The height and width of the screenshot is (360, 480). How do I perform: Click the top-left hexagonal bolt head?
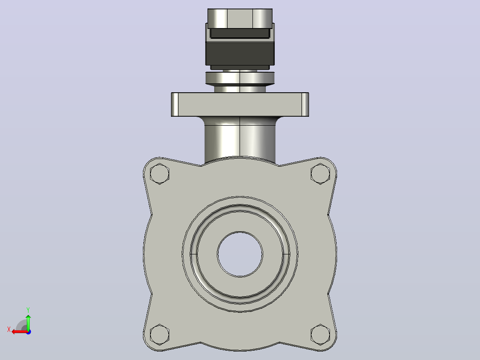[159, 174]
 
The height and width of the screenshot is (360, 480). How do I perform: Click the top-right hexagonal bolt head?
[320, 174]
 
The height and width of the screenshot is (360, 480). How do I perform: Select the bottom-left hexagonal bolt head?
[159, 334]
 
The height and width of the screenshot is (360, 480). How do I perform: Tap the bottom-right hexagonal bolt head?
[320, 334]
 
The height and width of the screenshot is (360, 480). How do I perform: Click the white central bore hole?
[240, 254]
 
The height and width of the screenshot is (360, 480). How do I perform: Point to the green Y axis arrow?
[28, 322]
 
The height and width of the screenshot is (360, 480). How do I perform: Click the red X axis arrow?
[20, 332]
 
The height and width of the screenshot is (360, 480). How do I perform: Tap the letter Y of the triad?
[28, 310]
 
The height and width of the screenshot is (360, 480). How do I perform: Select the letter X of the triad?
[9, 329]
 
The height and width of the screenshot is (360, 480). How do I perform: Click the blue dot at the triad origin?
[28, 332]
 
